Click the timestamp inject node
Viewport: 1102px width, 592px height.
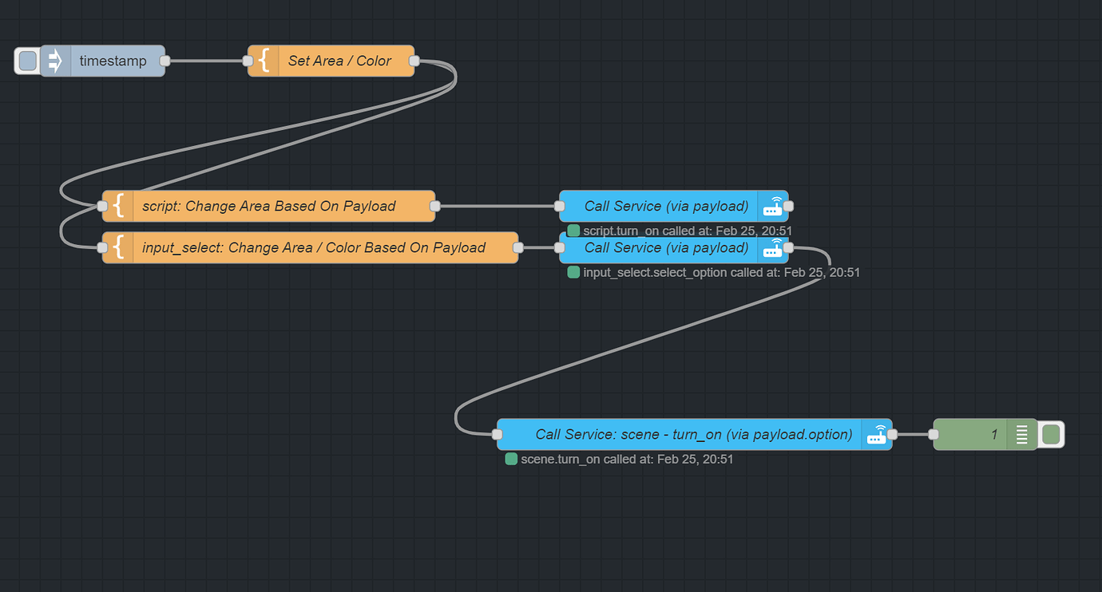pos(112,61)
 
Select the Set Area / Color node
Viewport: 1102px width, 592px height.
pos(339,61)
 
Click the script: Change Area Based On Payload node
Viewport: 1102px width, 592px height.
pos(269,206)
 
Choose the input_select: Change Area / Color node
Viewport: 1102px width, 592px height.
pos(313,247)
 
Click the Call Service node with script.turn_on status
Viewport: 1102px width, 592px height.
pos(665,206)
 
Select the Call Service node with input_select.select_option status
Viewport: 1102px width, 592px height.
pos(665,248)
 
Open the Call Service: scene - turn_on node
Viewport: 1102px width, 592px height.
pos(693,435)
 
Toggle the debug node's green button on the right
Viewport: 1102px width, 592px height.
pos(1051,435)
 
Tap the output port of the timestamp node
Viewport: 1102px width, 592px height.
pos(165,61)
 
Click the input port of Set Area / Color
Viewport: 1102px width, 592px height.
pos(248,61)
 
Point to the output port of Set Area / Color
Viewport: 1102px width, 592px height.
pos(414,61)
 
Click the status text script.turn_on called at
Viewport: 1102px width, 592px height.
pos(687,231)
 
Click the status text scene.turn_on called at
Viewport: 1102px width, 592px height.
pos(626,460)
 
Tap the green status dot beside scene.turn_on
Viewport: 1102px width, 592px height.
pos(511,460)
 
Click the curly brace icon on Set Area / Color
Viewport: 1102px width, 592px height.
pos(263,61)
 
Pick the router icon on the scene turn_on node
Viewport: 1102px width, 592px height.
pos(876,435)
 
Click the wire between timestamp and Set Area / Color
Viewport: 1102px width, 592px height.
pos(206,61)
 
